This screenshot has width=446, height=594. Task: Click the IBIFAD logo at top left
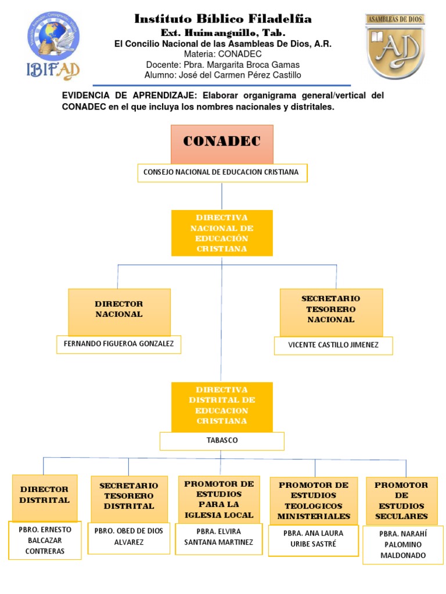click(x=53, y=45)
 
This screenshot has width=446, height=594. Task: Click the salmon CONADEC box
click(x=222, y=144)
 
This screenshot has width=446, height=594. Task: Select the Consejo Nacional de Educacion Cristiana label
click(x=222, y=172)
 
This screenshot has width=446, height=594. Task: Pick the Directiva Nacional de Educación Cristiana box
click(x=222, y=233)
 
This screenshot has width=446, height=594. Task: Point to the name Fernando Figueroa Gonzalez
click(x=118, y=344)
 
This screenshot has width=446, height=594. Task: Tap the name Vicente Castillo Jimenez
click(x=333, y=345)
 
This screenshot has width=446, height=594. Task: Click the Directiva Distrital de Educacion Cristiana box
click(x=222, y=406)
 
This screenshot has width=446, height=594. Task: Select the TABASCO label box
click(x=222, y=441)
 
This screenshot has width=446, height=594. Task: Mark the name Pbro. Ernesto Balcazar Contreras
click(x=45, y=541)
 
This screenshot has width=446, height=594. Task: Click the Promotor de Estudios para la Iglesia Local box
click(x=219, y=499)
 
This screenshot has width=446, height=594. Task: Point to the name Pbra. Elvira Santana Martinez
click(x=219, y=537)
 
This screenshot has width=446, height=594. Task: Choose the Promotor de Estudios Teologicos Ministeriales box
click(x=314, y=500)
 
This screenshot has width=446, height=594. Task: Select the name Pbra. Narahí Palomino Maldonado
click(x=403, y=544)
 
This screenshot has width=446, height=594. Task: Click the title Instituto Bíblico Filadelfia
click(x=223, y=19)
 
